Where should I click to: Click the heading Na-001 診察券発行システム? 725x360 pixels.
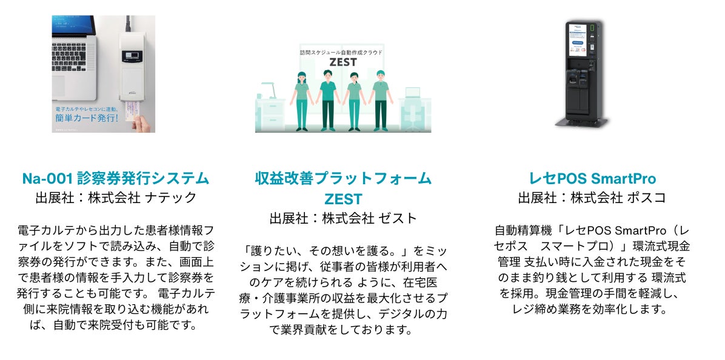[115, 179]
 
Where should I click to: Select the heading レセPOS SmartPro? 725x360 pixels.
[592, 179]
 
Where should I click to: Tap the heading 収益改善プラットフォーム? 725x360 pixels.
[343, 179]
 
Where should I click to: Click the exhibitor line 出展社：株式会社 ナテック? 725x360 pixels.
[115, 198]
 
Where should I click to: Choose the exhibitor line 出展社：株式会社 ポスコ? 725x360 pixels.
[592, 198]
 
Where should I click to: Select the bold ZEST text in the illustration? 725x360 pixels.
[342, 62]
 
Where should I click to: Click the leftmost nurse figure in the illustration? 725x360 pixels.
[301, 100]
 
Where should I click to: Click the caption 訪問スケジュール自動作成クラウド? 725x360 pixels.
[342, 53]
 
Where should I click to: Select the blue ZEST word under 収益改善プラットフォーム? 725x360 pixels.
[343, 198]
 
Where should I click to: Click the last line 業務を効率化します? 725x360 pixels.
[592, 309]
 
